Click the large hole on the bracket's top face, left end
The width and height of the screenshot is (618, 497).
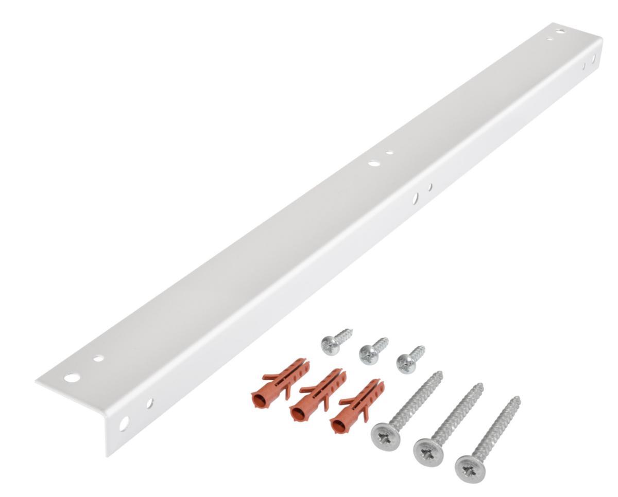(x=72, y=378)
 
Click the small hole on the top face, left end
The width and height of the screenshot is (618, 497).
(x=98, y=358)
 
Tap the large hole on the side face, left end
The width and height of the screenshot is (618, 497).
(x=124, y=423)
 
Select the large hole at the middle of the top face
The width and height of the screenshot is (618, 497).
(x=374, y=164)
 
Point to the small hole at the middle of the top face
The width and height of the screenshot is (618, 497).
(x=390, y=153)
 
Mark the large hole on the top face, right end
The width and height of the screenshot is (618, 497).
(x=560, y=31)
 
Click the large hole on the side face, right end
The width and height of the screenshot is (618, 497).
(x=593, y=59)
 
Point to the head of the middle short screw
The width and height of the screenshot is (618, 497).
(x=367, y=356)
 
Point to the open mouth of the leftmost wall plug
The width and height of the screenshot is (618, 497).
(x=257, y=398)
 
